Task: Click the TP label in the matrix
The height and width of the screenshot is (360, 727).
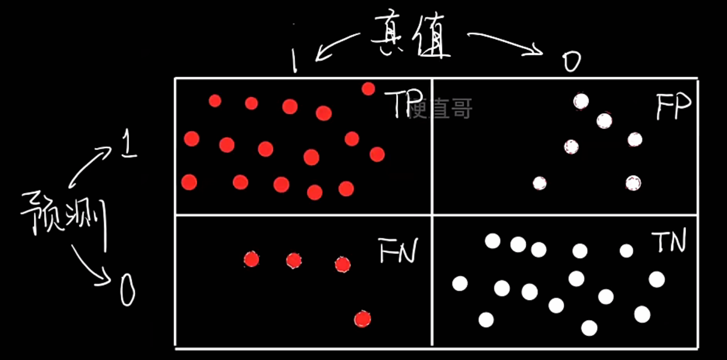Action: point(401,104)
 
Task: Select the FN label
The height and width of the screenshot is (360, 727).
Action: point(398,250)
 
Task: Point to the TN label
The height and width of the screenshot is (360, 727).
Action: point(668,242)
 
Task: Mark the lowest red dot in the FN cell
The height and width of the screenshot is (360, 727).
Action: point(362,319)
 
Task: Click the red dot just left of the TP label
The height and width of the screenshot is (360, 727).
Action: point(368,89)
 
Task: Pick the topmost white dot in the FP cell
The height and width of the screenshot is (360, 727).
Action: point(580,101)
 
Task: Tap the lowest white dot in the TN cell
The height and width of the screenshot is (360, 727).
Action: point(589,328)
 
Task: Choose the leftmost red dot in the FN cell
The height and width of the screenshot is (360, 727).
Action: point(251,260)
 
